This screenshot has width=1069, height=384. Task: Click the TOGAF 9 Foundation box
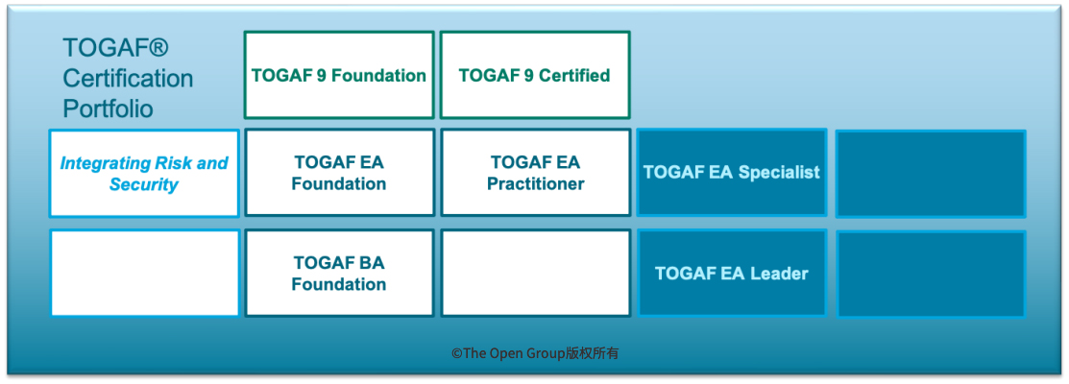coord(339,76)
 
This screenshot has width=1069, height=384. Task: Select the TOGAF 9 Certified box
coord(534,76)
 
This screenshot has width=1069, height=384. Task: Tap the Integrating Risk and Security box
coord(144,174)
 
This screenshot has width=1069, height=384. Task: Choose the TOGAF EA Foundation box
coord(339,173)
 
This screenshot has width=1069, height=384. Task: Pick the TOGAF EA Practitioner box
coord(535,173)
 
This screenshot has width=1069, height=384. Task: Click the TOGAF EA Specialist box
coord(731,173)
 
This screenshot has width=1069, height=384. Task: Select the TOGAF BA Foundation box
coord(339,274)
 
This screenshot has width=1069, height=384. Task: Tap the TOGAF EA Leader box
coord(731,274)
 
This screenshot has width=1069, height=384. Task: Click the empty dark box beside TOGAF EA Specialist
coord(930,174)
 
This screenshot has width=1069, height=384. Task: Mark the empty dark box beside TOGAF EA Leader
coord(930,274)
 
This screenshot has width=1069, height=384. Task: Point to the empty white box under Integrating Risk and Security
coord(144,274)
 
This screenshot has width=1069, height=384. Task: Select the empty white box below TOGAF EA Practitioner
coord(535,274)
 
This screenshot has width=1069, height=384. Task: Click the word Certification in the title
coord(128,79)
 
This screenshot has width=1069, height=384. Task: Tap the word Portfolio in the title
coord(108,108)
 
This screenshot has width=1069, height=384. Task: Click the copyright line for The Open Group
coord(535,353)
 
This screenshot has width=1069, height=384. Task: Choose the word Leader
coord(777,274)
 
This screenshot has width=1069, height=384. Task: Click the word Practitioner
coord(535,184)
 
